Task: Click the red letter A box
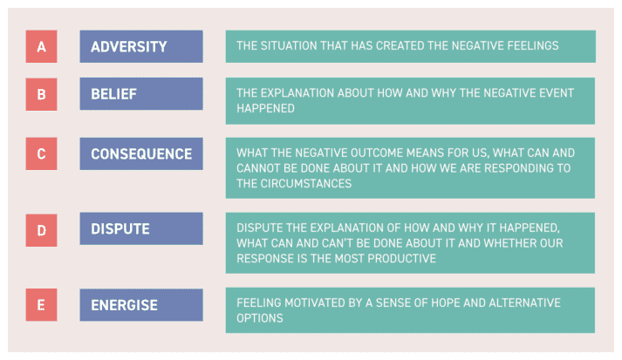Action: tap(41, 46)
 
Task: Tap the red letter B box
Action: tap(41, 94)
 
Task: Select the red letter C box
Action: tap(41, 153)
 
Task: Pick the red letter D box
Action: tap(41, 230)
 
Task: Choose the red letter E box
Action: tap(41, 305)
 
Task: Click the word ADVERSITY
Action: tap(129, 47)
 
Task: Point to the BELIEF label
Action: tap(114, 94)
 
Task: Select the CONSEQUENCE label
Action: tap(141, 153)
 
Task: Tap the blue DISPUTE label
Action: tap(120, 228)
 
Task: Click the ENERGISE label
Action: tap(124, 305)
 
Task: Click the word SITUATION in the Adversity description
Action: tap(289, 45)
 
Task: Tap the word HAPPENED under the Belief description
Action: tap(265, 108)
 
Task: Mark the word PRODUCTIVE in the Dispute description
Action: tap(401, 259)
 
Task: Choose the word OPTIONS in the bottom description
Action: tap(260, 318)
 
